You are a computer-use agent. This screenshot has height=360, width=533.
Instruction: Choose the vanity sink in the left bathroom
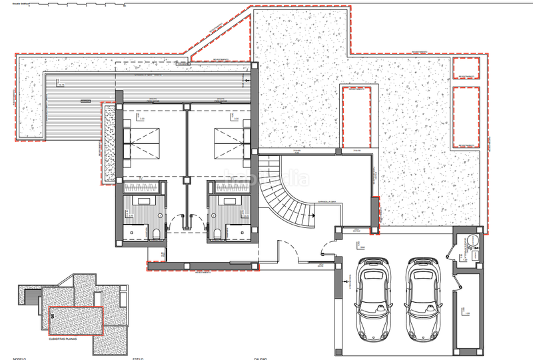click(143, 201)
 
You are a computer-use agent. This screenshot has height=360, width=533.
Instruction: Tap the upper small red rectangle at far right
click(466, 67)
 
